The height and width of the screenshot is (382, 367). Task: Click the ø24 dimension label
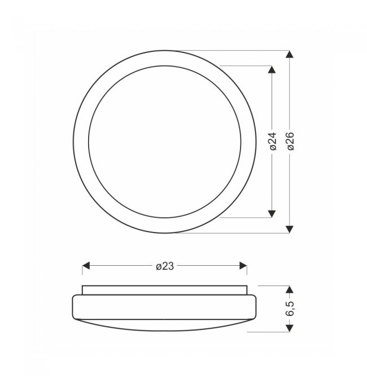(x=274, y=141)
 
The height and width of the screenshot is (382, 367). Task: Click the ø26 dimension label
(x=290, y=141)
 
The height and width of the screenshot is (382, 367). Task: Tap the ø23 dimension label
(x=165, y=266)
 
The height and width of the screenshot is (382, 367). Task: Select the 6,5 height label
(x=290, y=309)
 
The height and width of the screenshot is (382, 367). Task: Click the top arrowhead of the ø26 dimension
(x=290, y=54)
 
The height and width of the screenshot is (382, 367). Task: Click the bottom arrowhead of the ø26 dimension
(x=290, y=229)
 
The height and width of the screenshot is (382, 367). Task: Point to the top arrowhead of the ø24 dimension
(x=272, y=69)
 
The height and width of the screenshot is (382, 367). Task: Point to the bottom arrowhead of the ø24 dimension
(x=272, y=214)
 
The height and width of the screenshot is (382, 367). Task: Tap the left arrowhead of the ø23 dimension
(x=86, y=266)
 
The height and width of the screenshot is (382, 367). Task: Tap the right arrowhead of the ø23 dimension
(x=243, y=266)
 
